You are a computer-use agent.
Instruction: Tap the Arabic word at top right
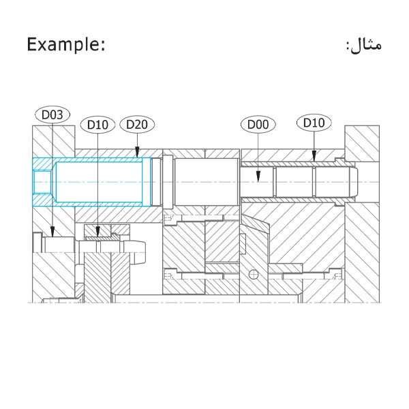(x=365, y=45)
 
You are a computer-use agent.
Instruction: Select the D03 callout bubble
(x=52, y=115)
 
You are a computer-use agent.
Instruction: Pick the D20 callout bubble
(x=137, y=125)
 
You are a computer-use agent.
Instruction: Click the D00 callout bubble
(x=258, y=125)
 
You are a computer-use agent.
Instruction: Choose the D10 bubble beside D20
(x=97, y=125)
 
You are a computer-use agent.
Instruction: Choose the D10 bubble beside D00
(x=314, y=123)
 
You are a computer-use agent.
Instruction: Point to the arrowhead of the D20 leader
(x=137, y=153)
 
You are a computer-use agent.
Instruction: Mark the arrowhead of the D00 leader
(x=258, y=177)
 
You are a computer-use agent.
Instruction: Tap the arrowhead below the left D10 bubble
(x=97, y=232)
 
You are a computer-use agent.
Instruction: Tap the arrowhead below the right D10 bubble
(x=314, y=156)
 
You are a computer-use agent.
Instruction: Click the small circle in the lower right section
(x=254, y=275)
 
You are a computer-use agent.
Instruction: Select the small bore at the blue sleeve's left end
(x=42, y=182)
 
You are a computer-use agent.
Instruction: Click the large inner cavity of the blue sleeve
(x=99, y=182)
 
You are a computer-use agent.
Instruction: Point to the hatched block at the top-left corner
(x=53, y=142)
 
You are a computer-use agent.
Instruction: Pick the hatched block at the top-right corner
(x=362, y=143)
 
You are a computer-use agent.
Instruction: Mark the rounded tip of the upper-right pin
(x=354, y=182)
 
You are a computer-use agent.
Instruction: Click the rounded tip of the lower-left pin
(x=141, y=252)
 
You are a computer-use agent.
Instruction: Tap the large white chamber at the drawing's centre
(x=207, y=182)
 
